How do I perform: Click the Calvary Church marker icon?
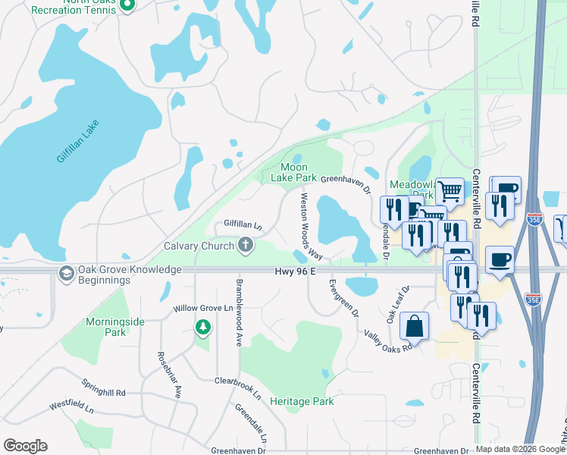[245, 244]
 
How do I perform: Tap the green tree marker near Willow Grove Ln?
[202, 327]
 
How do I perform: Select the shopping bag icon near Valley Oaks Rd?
[414, 327]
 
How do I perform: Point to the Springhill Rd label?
[99, 394]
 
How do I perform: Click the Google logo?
[25, 446]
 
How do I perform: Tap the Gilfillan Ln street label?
[243, 225]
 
